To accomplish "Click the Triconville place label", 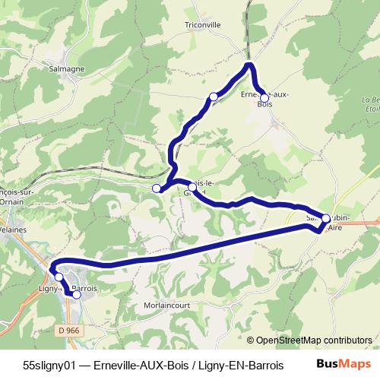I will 201,24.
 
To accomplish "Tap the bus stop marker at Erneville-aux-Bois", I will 264,98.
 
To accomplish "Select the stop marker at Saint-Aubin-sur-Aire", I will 326,219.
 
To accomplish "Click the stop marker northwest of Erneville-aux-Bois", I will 214,97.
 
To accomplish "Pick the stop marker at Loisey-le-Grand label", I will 192,187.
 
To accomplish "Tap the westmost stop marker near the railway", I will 157,188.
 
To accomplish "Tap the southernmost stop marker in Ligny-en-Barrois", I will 76,295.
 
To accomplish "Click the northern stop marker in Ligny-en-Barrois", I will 59,277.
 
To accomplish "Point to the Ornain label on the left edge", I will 13,203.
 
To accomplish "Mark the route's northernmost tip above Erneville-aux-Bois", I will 248,66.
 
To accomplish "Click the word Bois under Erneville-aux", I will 264,104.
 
